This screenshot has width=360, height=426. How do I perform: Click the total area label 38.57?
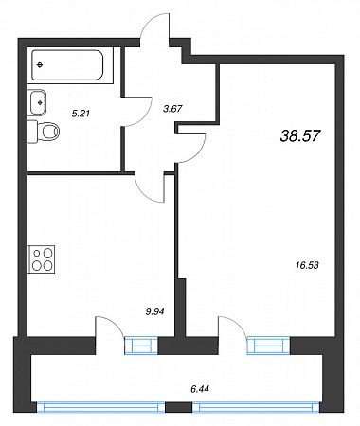pos(300,136)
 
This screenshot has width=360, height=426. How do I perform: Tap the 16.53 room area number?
pos(307,265)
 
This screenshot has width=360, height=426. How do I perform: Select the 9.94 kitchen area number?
pos(154,311)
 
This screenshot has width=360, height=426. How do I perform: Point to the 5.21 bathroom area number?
pos(81,114)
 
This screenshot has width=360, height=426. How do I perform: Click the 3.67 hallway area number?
pos(172,109)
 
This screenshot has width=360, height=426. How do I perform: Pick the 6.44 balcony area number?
pos(200,389)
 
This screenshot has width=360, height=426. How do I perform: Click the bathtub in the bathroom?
pos(68,65)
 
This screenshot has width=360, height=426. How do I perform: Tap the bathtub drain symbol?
pos(40,65)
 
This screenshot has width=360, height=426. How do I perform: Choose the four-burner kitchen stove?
pos(42,258)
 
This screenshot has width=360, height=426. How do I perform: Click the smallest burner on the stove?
pos(37,253)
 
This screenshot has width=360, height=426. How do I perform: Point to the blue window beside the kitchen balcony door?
pos(141,346)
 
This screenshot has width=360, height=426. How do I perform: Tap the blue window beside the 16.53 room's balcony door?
pos(268,345)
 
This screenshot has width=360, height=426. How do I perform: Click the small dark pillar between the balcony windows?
pos(178,407)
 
